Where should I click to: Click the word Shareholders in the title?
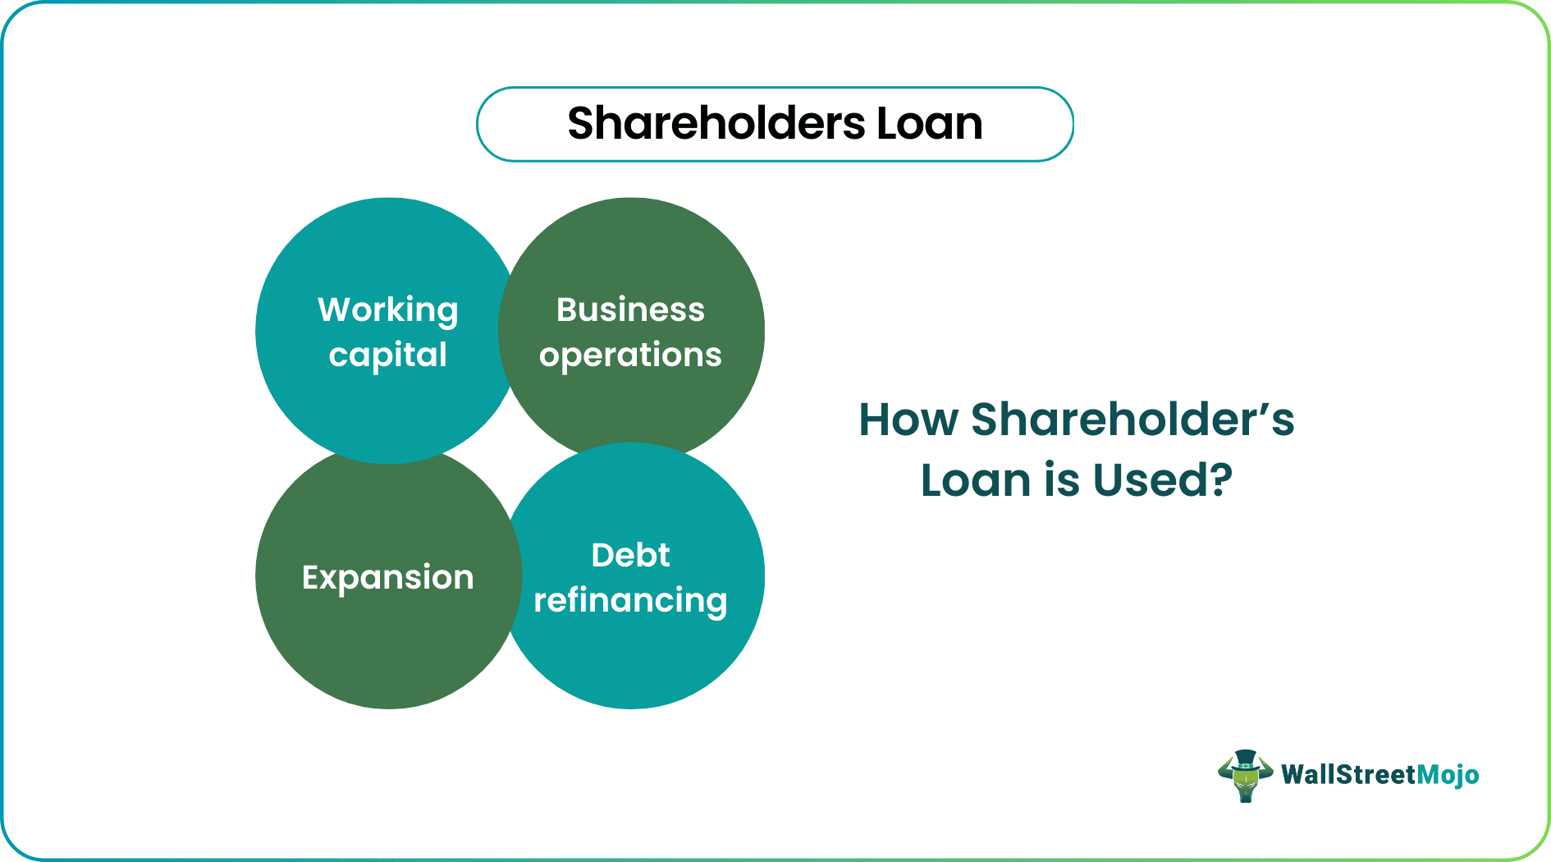click(x=716, y=124)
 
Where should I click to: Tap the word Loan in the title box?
click(x=929, y=124)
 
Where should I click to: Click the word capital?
click(x=387, y=355)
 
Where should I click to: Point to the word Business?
click(x=630, y=310)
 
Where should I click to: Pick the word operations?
click(x=630, y=355)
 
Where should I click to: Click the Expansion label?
click(x=387, y=577)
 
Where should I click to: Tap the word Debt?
click(x=630, y=556)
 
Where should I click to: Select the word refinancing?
click(x=630, y=601)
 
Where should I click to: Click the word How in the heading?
click(x=908, y=420)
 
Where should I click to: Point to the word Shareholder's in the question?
click(x=1132, y=420)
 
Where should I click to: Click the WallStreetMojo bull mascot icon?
click(x=1245, y=776)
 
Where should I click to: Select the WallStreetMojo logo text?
click(x=1379, y=775)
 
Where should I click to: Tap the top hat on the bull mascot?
click(x=1245, y=759)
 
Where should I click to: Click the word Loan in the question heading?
click(x=977, y=480)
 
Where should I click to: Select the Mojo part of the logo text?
click(x=1448, y=775)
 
